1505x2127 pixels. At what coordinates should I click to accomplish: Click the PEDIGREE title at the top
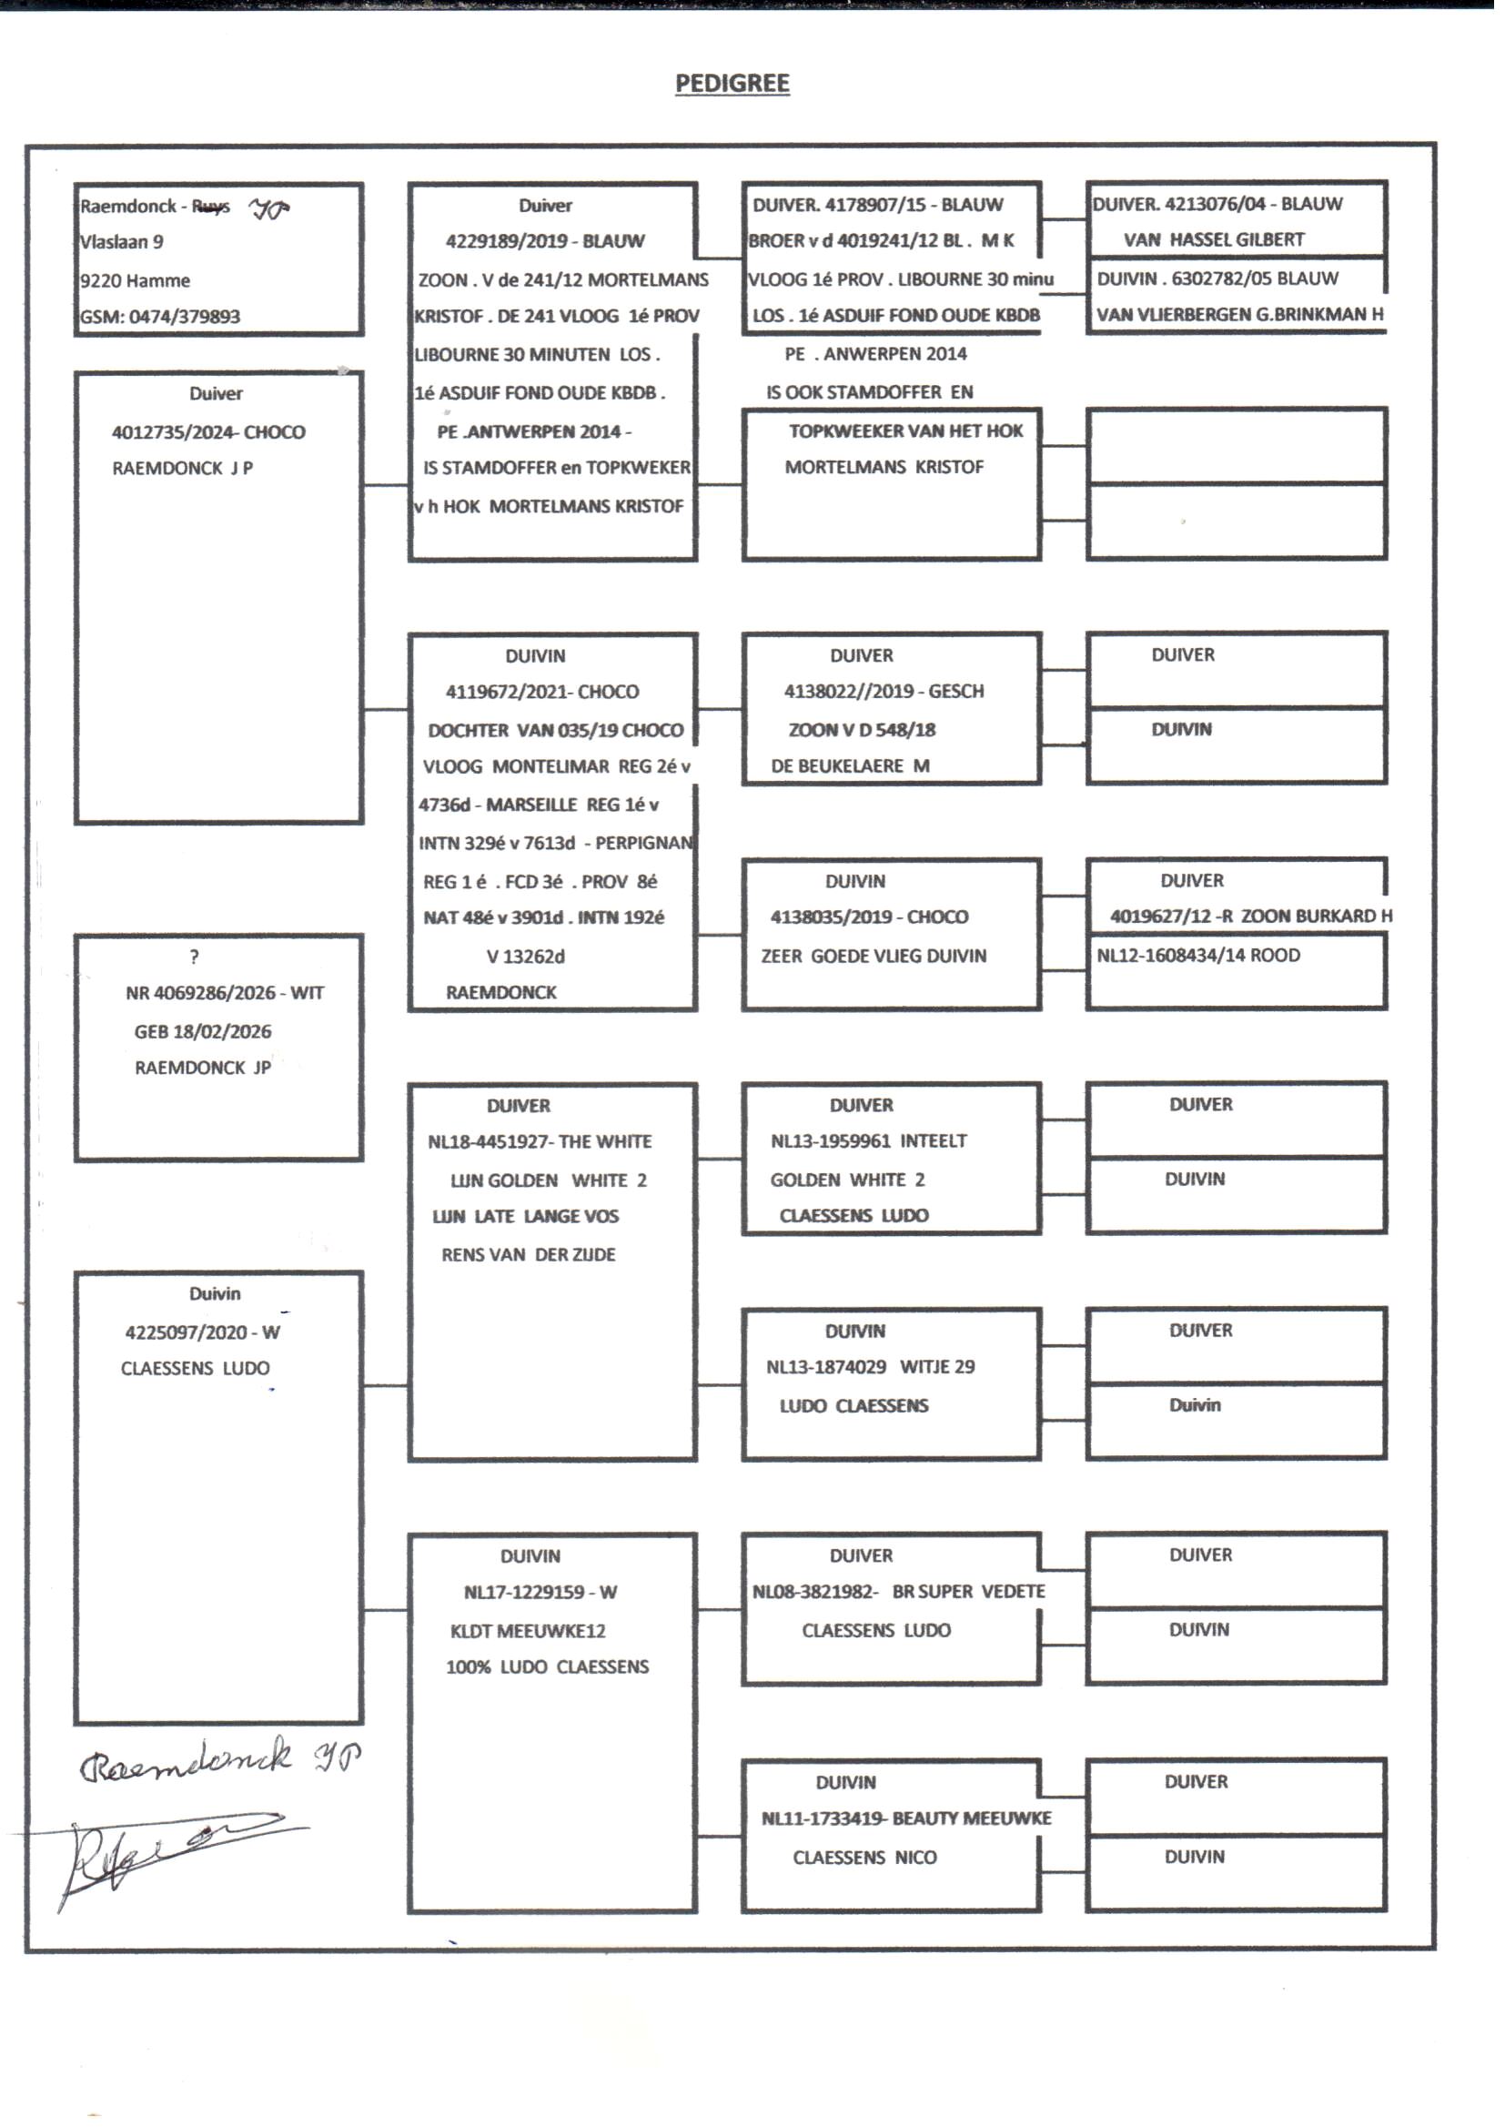pyautogui.click(x=732, y=84)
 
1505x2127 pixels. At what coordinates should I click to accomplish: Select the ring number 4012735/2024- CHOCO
pyautogui.click(x=207, y=432)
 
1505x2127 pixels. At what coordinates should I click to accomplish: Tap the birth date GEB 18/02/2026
pyautogui.click(x=202, y=1031)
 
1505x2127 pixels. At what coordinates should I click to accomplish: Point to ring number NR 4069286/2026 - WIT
pyautogui.click(x=224, y=994)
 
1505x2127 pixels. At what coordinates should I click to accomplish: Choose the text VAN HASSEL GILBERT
pyautogui.click(x=1213, y=240)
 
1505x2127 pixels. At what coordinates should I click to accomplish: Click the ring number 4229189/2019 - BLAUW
pyautogui.click(x=545, y=241)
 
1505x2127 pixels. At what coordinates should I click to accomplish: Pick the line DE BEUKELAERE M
pyautogui.click(x=850, y=766)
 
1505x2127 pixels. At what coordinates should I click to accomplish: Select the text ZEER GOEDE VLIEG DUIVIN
pyautogui.click(x=873, y=957)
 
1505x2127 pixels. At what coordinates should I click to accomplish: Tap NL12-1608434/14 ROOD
pyautogui.click(x=1197, y=956)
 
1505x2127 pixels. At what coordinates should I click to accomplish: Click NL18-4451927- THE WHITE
pyautogui.click(x=540, y=1142)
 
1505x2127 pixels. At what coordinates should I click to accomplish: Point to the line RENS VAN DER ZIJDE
pyautogui.click(x=528, y=1255)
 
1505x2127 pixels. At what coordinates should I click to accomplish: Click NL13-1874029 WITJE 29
pyautogui.click(x=869, y=1367)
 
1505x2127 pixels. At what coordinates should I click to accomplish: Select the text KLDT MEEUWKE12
pyautogui.click(x=528, y=1631)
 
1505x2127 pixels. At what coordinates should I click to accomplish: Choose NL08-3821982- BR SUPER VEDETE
pyautogui.click(x=898, y=1591)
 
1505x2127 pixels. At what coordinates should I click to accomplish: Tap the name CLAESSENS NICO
pyautogui.click(x=864, y=1858)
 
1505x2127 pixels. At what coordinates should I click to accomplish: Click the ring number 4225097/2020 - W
pyautogui.click(x=202, y=1332)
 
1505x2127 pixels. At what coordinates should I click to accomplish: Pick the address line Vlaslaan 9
pyautogui.click(x=121, y=243)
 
